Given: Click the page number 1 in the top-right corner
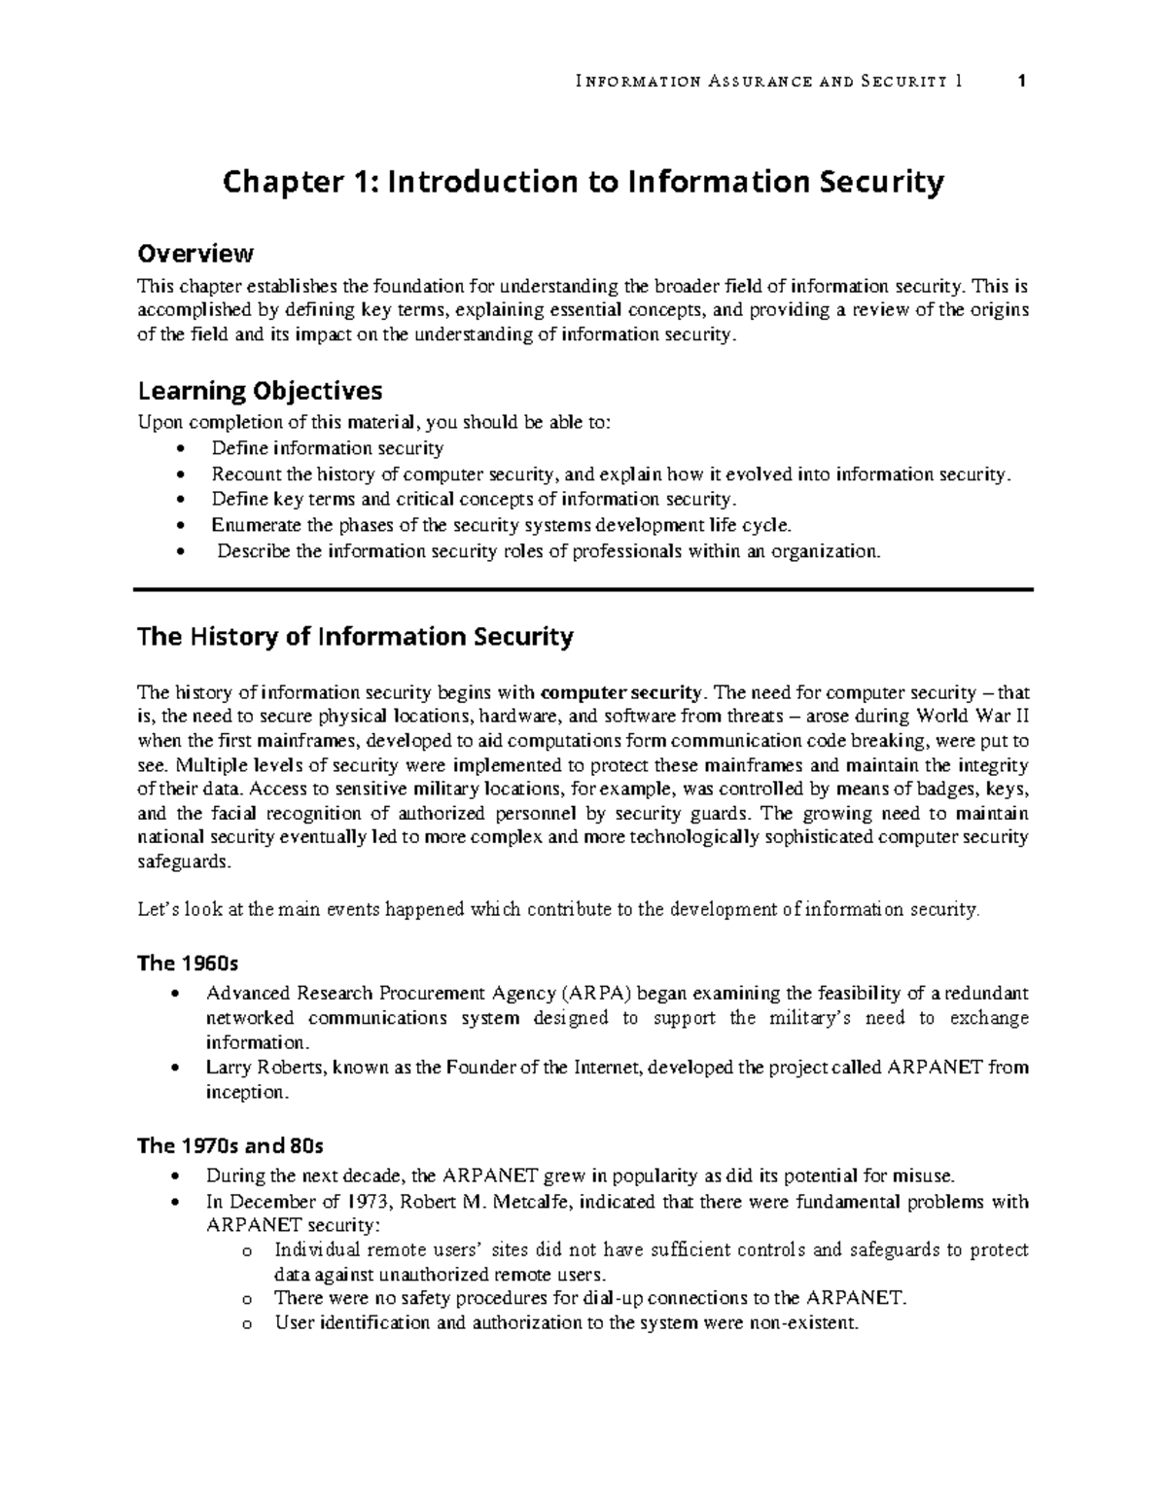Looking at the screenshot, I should coord(1021,82).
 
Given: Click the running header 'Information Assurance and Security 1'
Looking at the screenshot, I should coord(768,82).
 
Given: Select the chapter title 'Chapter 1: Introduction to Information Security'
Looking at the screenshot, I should coord(583,183).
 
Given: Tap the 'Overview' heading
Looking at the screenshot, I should coord(195,254).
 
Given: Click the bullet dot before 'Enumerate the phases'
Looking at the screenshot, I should coord(177,526).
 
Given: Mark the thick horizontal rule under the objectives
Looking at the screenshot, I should coord(583,589).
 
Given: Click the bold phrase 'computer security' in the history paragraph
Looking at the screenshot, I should coord(619,693).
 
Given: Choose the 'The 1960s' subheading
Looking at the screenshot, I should coord(188,964).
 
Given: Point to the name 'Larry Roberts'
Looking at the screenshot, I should coord(266,1067).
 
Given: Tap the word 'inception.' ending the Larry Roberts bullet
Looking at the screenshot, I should coord(248,1092).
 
